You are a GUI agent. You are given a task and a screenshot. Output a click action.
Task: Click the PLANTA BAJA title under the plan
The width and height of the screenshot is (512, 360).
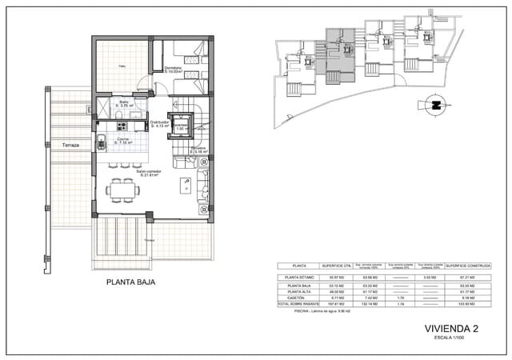pos(130,282)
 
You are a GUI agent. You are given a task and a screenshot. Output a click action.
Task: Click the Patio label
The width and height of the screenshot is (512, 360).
pos(122,66)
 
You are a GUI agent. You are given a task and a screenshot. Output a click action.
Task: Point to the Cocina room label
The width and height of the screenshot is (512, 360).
pos(123,140)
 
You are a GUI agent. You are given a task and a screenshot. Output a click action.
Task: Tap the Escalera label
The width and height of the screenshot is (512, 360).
pos(198,149)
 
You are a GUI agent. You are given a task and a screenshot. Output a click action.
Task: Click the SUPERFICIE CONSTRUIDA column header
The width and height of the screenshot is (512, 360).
pos(468,266)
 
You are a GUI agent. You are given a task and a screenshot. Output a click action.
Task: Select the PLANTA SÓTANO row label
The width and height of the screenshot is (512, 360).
pos(296,277)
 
